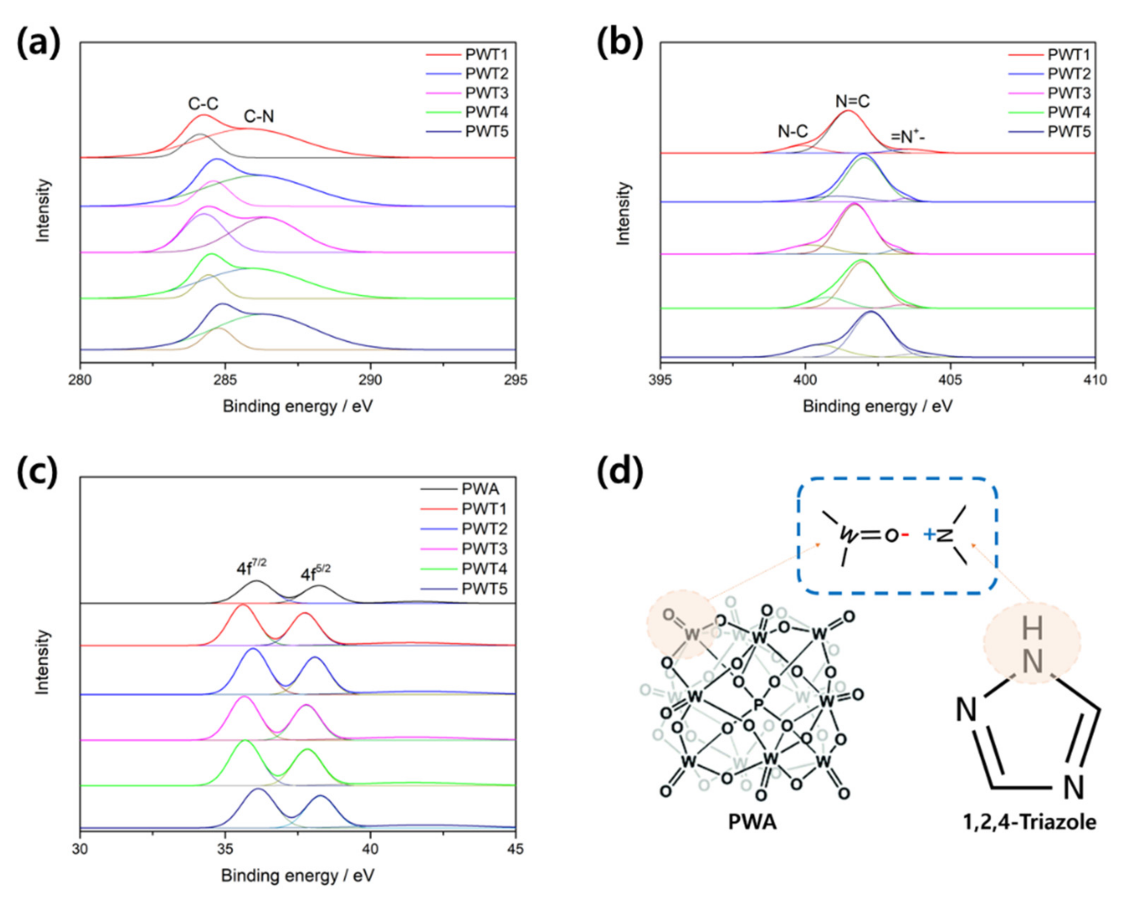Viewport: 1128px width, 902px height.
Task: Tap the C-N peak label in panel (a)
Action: pyautogui.click(x=259, y=117)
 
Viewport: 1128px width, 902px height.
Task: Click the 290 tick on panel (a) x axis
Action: pyautogui.click(x=371, y=379)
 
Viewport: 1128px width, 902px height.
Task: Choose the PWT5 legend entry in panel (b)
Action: pyautogui.click(x=1068, y=132)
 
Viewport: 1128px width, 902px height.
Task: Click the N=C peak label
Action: pyautogui.click(x=852, y=101)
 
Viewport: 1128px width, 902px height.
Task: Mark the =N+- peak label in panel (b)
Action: pyautogui.click(x=908, y=137)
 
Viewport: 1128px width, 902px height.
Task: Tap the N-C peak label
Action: pyautogui.click(x=793, y=132)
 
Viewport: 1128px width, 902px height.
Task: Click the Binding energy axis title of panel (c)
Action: pyautogui.click(x=298, y=876)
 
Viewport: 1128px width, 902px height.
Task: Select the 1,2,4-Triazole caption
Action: pyautogui.click(x=1030, y=822)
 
